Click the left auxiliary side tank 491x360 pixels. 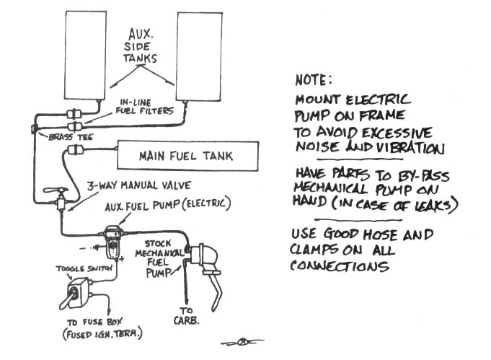pyautogui.click(x=85, y=56)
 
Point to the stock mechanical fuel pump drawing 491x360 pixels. pyautogui.click(x=201, y=259)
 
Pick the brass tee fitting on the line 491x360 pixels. pyautogui.click(x=35, y=129)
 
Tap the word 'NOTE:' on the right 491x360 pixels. pyautogui.click(x=314, y=81)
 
